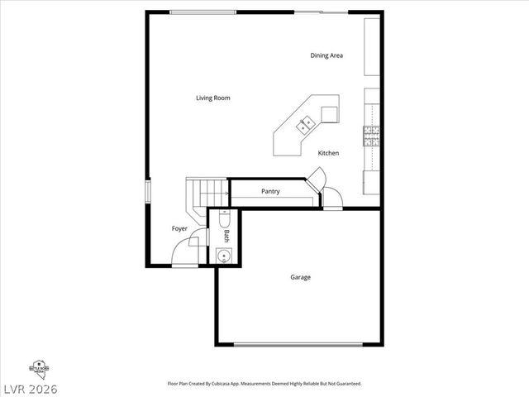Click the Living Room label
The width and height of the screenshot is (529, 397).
(x=212, y=98)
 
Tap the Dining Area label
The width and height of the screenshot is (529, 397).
(x=326, y=55)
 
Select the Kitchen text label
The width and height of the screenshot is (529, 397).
(x=328, y=153)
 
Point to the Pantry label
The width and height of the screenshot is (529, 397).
(x=270, y=192)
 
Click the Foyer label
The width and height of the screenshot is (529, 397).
(x=179, y=228)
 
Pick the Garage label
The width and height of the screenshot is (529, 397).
(x=300, y=277)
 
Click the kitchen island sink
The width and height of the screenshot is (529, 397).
(x=306, y=126)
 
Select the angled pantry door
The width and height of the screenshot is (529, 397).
(x=317, y=177)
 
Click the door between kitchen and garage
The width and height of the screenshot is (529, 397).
(x=331, y=198)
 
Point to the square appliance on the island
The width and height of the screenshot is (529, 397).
(x=330, y=114)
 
